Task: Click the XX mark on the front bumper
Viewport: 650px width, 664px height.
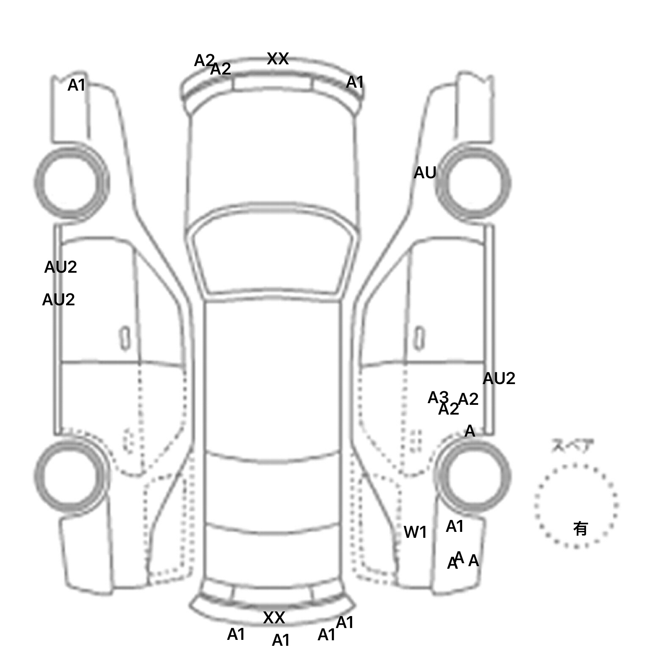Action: coord(278,59)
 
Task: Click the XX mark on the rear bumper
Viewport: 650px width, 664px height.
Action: coord(274,618)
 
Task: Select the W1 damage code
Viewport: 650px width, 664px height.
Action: coord(415,532)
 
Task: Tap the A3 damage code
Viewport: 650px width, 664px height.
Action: coord(438,398)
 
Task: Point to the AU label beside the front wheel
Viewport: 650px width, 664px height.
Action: coord(424,173)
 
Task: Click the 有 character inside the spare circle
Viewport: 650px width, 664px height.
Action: coord(581,528)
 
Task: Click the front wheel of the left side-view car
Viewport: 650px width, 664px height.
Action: coord(71,182)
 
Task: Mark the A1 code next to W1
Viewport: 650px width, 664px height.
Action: coord(455,526)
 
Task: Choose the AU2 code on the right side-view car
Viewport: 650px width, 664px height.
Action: coord(499,378)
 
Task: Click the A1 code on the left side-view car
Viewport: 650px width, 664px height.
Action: coord(77,85)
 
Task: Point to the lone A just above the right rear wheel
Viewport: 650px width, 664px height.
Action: coord(470,431)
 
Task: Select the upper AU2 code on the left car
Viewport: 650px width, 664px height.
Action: coord(61,267)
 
